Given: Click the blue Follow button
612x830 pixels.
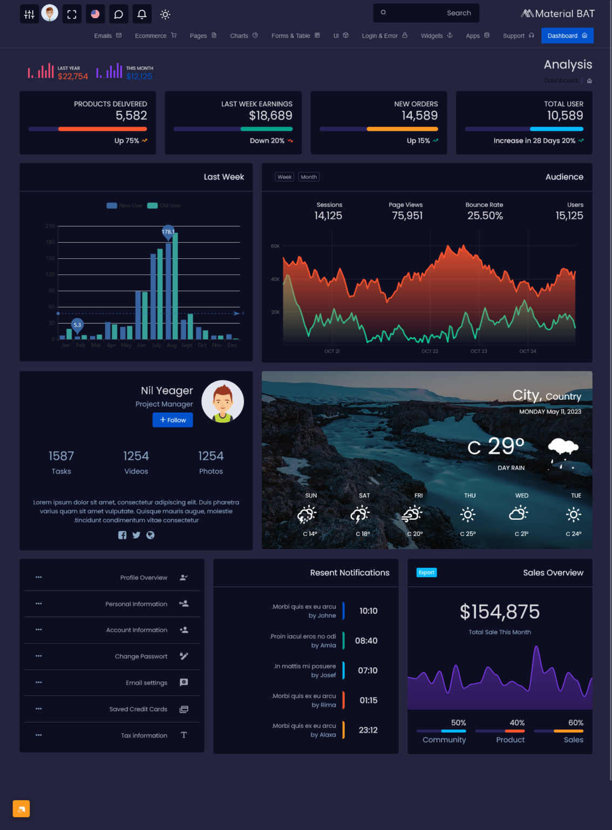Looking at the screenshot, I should pyautogui.click(x=173, y=420).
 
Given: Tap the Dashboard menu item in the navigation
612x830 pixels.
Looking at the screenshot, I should pyautogui.click(x=567, y=36).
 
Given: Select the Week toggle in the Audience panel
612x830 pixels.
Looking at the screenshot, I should pyautogui.click(x=284, y=177).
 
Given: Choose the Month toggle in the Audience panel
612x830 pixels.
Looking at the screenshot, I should pyautogui.click(x=309, y=177).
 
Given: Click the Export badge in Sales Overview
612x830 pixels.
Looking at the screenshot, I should pyautogui.click(x=426, y=572).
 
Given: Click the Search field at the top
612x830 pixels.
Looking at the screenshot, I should pyautogui.click(x=426, y=13).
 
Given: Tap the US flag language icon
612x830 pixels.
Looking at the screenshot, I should pyautogui.click(x=95, y=14).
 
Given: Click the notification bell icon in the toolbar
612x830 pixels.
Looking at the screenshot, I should pyautogui.click(x=142, y=14).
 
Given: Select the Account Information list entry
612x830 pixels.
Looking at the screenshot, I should pyautogui.click(x=137, y=630).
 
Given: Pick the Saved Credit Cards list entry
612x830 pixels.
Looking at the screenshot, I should pyautogui.click(x=138, y=709).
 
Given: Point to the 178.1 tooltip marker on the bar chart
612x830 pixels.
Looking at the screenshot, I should pyautogui.click(x=168, y=232).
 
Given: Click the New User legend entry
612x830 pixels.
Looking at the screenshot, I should pyautogui.click(x=125, y=205).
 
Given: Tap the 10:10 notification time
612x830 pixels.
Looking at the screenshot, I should pyautogui.click(x=368, y=611).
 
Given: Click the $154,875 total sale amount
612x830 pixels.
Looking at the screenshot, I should pyautogui.click(x=499, y=612).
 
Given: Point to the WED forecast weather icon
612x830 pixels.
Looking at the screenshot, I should pyautogui.click(x=519, y=513).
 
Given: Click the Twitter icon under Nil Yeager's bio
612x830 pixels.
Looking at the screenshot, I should pyautogui.click(x=136, y=535).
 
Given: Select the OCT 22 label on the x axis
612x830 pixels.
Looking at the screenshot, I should pyautogui.click(x=430, y=351).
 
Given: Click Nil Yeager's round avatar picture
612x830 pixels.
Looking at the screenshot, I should pyautogui.click(x=222, y=401).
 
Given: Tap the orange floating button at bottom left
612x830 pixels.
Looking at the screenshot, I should pyautogui.click(x=21, y=808).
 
